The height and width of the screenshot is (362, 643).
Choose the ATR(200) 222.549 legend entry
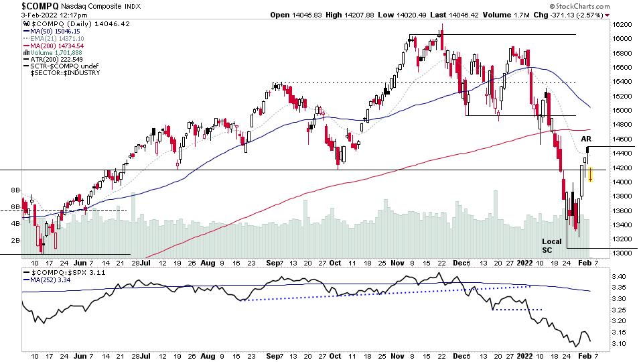[x=60, y=59]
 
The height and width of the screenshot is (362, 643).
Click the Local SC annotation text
[x=552, y=245]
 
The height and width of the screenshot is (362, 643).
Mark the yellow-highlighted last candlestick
[x=590, y=174]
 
